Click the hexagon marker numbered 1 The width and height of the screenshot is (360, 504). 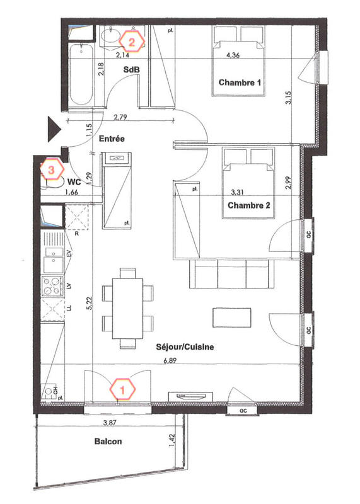coord(122,389)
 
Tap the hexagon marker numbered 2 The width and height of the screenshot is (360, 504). coord(132,42)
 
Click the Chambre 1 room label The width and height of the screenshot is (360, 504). coord(240,83)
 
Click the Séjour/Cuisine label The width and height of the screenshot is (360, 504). coord(187,346)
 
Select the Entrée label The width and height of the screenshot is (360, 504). coord(111,138)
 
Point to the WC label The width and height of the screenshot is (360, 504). coord(74,180)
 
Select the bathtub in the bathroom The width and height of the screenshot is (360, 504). coord(80,76)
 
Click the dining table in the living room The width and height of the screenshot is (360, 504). coord(128,308)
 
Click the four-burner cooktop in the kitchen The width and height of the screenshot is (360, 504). coord(51,286)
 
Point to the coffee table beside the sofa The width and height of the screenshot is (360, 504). coord(230,317)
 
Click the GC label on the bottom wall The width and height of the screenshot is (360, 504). coord(243,410)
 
